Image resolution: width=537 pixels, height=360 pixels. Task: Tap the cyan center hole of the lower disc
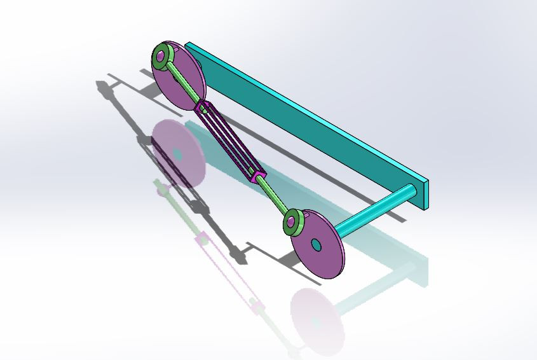point(316,244)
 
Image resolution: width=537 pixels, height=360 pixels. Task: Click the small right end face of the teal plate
point(425,193)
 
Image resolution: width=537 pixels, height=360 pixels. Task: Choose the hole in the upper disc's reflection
point(177,155)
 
